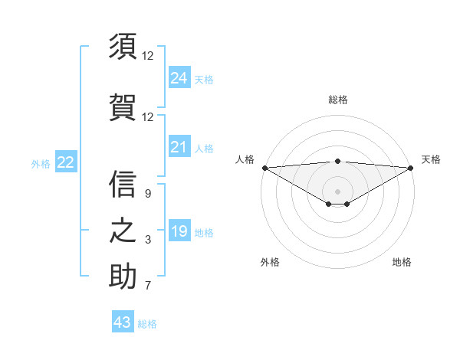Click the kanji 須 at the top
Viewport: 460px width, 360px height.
tap(123, 47)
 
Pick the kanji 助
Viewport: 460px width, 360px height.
tap(123, 277)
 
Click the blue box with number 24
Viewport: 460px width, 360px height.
tap(179, 77)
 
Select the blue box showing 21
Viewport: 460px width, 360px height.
tap(179, 147)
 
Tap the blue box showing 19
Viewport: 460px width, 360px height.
tap(179, 231)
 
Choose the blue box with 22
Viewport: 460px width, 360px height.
tap(65, 162)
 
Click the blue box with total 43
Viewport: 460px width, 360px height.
tap(122, 322)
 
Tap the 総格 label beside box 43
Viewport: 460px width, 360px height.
tap(147, 324)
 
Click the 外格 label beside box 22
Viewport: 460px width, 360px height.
tap(41, 163)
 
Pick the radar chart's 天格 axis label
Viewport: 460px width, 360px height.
tap(431, 159)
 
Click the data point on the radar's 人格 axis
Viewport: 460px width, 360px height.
tap(264, 168)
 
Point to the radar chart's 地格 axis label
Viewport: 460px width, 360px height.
tap(402, 262)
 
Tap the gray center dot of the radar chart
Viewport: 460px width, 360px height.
tap(337, 191)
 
